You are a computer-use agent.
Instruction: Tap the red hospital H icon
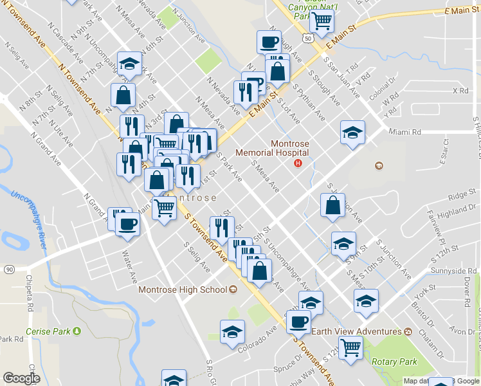[x=298, y=163]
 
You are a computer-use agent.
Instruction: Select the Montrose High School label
[x=183, y=289]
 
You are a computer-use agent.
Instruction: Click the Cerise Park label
[x=48, y=331]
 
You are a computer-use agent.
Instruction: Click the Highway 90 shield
[x=8, y=268]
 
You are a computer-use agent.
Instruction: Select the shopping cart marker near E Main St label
[x=322, y=21]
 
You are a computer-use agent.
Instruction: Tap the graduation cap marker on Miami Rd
[x=352, y=133]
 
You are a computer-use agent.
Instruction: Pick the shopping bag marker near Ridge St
[x=332, y=207]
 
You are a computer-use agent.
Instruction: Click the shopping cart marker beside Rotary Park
[x=350, y=347]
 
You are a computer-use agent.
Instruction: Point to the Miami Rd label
[x=404, y=132]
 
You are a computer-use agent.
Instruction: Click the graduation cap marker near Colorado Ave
[x=232, y=333]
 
